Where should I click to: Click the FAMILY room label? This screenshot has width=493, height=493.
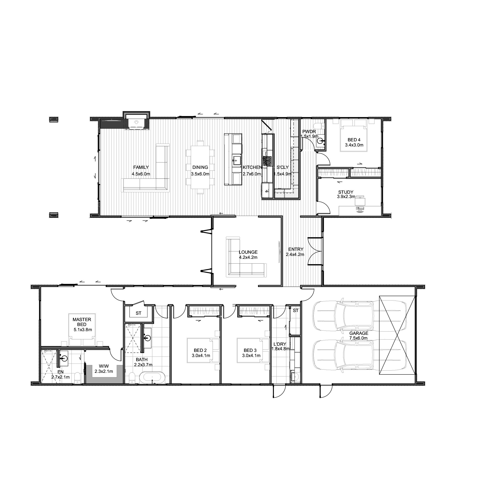coord(141,167)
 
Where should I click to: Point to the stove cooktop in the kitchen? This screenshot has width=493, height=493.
coord(268,161)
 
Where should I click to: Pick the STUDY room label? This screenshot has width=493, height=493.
coord(346,192)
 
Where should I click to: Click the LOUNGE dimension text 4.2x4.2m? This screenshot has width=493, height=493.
coord(248,257)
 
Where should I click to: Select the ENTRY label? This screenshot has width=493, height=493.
coord(296,249)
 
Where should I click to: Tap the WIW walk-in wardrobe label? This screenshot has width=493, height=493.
coord(104,366)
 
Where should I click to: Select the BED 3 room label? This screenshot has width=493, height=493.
coord(250,350)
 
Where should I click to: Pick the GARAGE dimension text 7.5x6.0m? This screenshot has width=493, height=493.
coord(358,338)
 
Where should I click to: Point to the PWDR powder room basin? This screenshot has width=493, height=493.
coord(320,140)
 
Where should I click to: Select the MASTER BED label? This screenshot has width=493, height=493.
coord(82,322)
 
